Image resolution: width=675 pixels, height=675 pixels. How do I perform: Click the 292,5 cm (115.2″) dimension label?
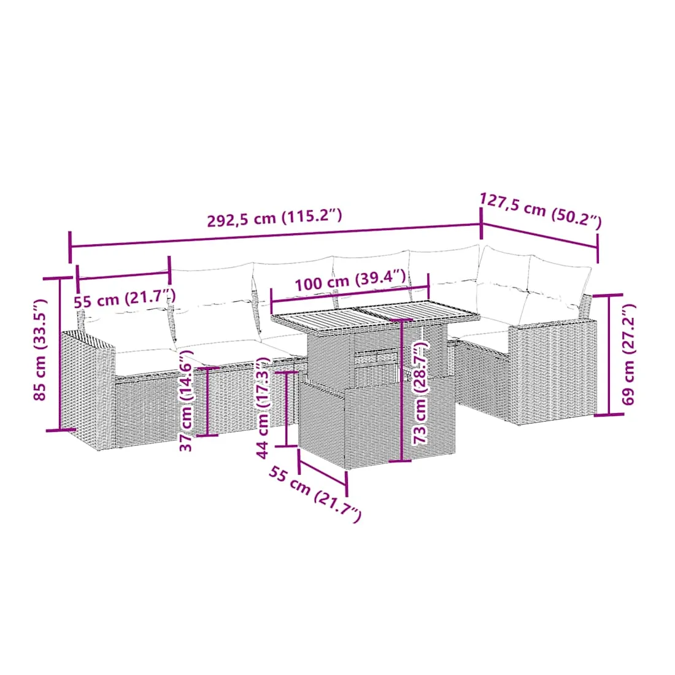coord(275,217)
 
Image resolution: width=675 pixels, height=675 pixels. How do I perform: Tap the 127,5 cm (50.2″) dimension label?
coord(541,210)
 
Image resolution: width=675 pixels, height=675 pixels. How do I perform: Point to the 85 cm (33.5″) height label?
coord(40,349)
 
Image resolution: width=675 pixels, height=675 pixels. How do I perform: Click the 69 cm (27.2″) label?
coord(628,354)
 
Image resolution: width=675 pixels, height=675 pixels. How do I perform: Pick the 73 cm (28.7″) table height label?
coord(420,391)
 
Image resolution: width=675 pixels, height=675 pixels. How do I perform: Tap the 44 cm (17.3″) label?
coord(263,407)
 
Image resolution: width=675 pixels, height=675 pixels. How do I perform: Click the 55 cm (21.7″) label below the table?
coord(315,494)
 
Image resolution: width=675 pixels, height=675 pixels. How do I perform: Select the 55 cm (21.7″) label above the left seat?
coord(125,298)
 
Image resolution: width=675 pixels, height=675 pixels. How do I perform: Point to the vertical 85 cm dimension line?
coord(60,354)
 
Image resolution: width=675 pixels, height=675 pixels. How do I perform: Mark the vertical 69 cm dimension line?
coord(609,355)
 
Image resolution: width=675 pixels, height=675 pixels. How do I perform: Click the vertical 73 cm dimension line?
coord(401,390)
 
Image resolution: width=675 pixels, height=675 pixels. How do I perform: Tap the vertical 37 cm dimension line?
coord(207,401)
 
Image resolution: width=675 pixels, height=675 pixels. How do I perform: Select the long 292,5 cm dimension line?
coord(275,236)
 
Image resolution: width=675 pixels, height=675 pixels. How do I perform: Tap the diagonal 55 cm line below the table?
coord(322,472)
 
